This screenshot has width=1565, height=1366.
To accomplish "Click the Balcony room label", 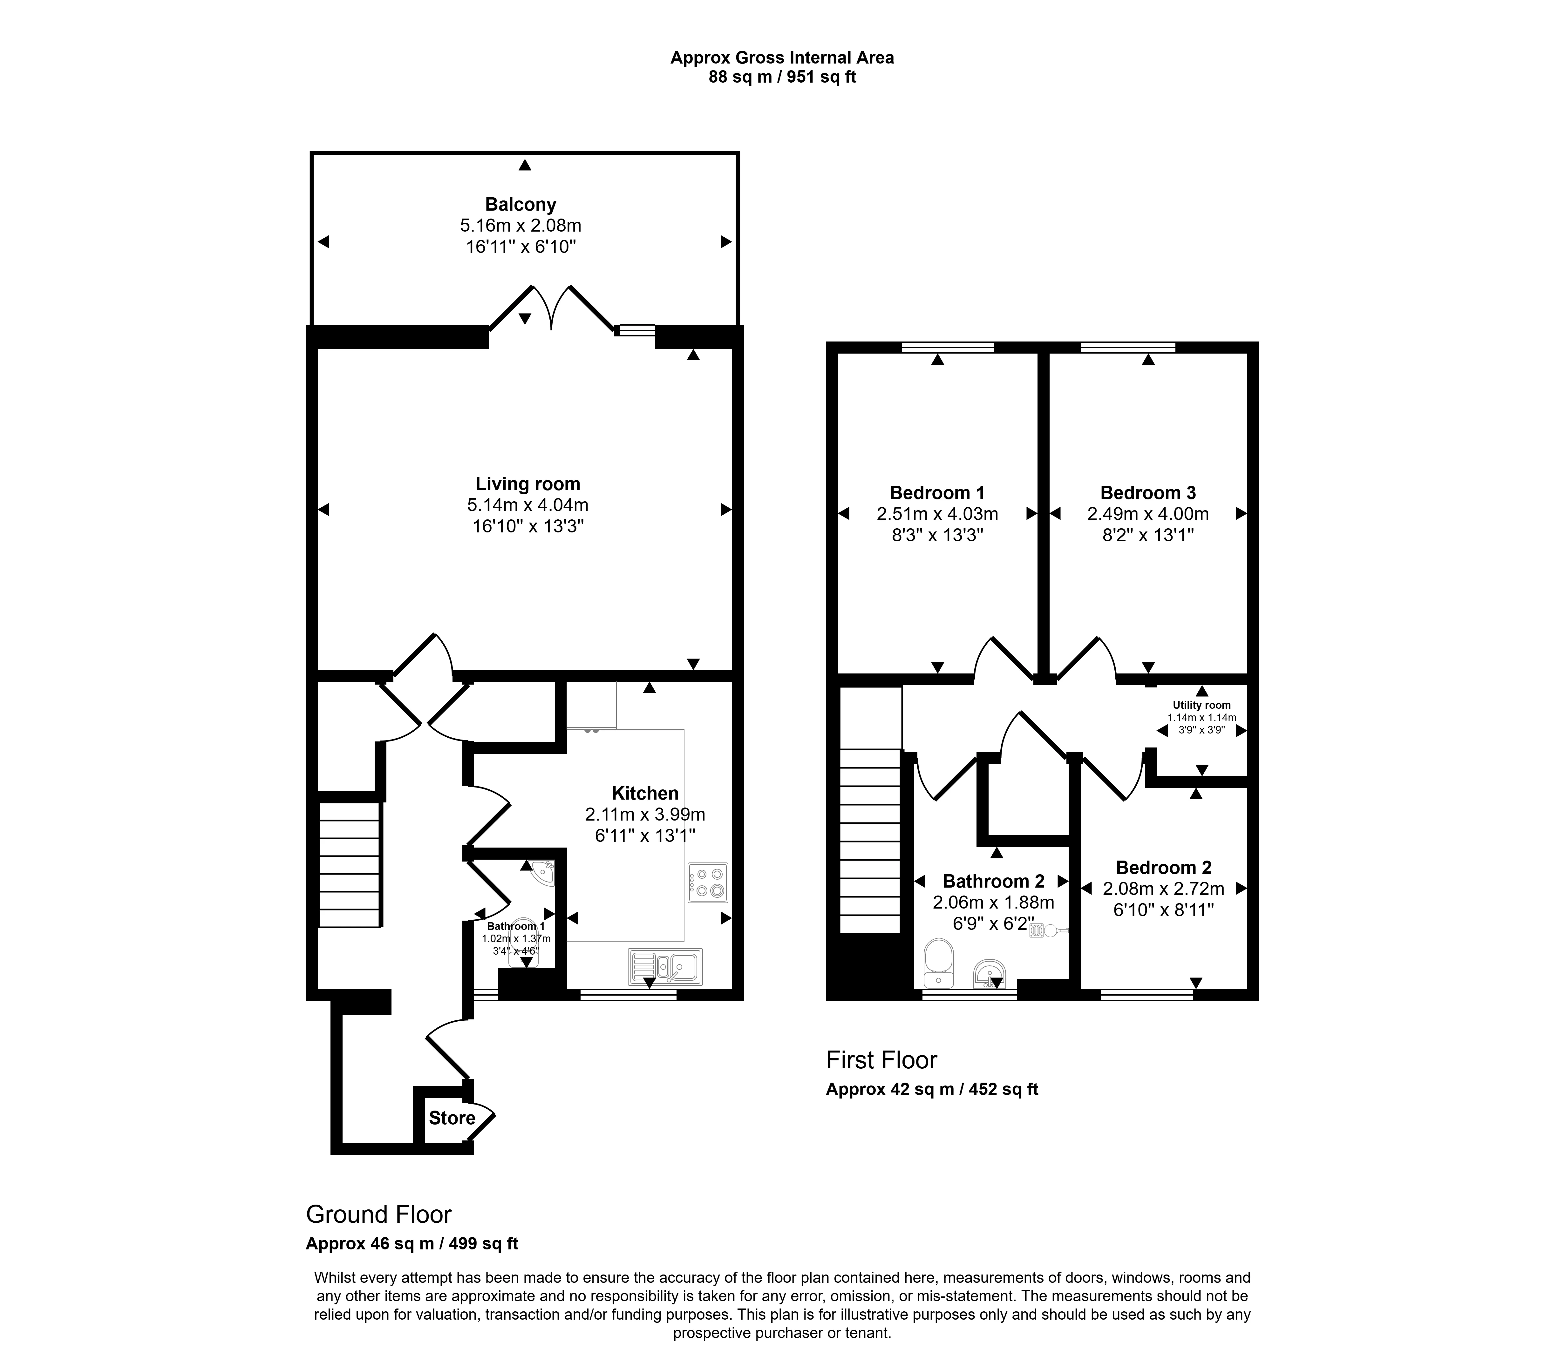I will (x=521, y=204).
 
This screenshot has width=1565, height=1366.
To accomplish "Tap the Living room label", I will (x=527, y=484).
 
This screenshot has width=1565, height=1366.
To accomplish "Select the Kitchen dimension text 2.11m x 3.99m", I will (x=645, y=814).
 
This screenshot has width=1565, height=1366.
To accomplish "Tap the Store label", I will (x=452, y=1118).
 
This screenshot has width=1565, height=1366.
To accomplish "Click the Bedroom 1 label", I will (x=937, y=492).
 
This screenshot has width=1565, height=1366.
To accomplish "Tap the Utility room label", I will (x=1201, y=705).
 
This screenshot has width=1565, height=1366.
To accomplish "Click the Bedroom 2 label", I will (x=1163, y=868).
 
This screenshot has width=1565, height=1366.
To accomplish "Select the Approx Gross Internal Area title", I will (x=782, y=57).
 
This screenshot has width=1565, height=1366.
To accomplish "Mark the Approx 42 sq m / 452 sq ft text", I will (x=931, y=1089).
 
